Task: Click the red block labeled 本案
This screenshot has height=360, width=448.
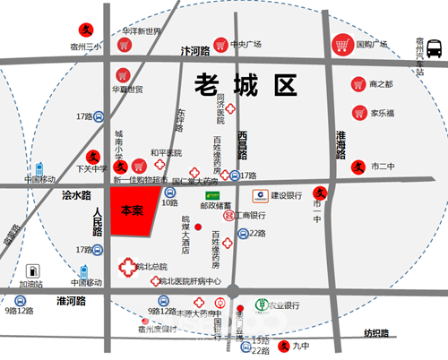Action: point(132,212)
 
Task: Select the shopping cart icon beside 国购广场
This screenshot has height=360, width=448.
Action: point(341,45)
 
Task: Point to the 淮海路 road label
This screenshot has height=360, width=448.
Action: point(340,143)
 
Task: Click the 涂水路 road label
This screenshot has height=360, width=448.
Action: point(76,194)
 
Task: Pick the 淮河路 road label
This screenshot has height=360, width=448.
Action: point(71,301)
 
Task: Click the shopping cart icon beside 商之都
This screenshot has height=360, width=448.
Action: point(357,84)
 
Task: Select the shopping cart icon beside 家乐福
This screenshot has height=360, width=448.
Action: point(357,114)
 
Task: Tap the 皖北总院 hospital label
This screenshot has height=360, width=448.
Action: point(151,266)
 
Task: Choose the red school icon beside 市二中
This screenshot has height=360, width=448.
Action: point(358,166)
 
